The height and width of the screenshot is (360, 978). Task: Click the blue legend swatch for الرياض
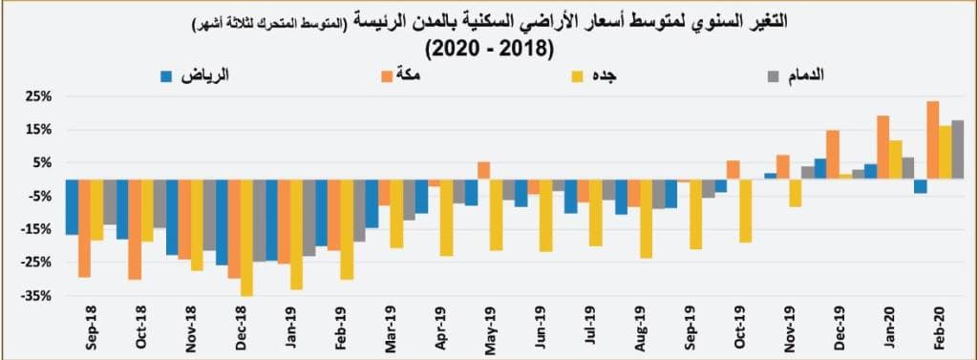166,74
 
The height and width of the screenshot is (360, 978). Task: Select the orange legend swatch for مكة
388,74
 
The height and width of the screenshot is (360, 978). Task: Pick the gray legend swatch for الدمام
776,74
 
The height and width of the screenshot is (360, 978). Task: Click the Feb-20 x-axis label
938,328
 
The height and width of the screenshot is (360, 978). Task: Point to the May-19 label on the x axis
490,328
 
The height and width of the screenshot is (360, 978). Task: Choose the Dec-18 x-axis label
241,328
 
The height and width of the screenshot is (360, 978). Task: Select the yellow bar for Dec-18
246,237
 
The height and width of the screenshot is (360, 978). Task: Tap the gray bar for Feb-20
957,150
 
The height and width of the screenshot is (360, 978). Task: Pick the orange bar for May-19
484,170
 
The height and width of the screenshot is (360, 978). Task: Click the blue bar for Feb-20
920,186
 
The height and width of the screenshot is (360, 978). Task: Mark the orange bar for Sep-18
85,227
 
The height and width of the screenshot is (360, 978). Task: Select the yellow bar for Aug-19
646,219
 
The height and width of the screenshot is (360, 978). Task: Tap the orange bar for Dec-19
833,155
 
